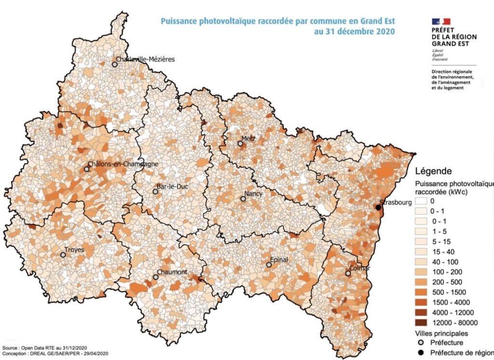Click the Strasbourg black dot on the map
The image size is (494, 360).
coord(378,208)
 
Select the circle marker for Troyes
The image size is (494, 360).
coord(63,255)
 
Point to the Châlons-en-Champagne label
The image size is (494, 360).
coord(123,165)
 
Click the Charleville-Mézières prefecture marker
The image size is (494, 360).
coord(115,64)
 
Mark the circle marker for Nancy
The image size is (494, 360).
coord(243,199)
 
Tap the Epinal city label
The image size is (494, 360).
coord(280,260)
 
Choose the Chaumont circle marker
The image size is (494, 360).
coord(155,277)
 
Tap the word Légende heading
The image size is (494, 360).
coord(433,171)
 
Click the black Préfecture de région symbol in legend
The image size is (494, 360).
coord(423,353)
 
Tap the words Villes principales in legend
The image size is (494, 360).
coord(441,333)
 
